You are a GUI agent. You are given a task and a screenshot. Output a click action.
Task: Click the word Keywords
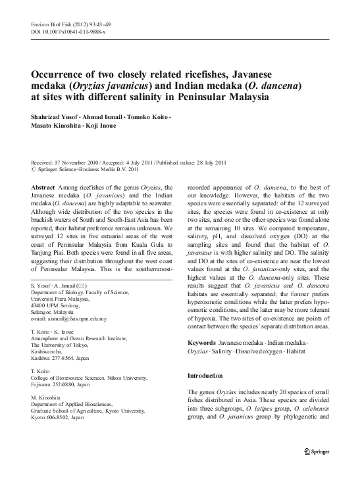pos(203,344)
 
